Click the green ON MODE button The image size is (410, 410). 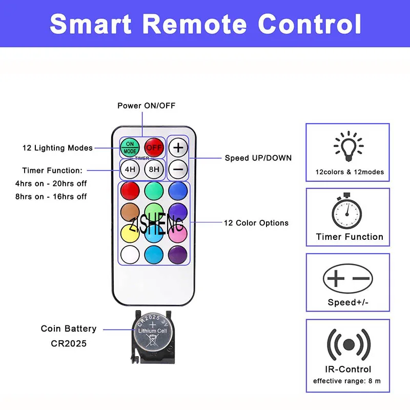point(130,148)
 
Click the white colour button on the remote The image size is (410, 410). point(130,253)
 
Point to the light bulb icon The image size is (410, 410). point(349,146)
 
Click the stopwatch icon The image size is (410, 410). point(348,211)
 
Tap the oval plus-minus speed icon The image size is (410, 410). point(348,278)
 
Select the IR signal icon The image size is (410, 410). point(348,344)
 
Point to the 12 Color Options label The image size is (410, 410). point(256,223)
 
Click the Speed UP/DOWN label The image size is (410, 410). point(258,158)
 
